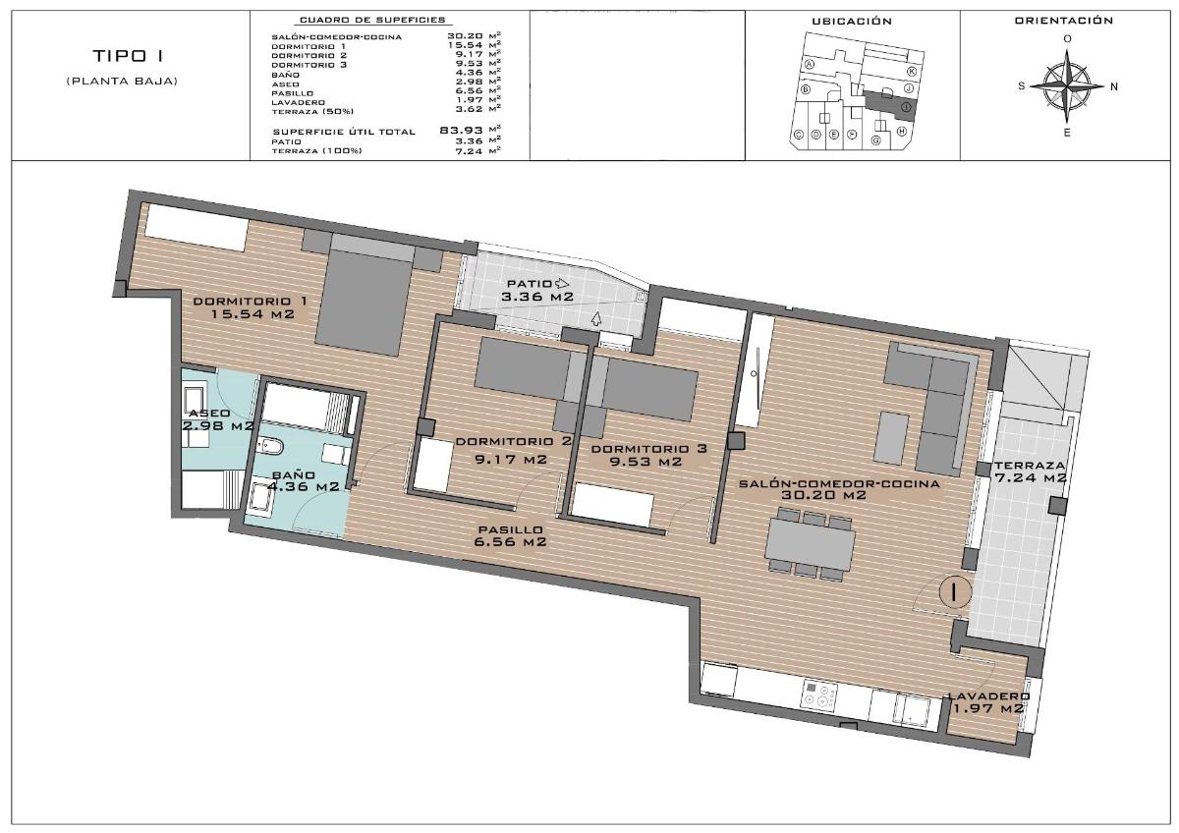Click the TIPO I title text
tap(122, 56)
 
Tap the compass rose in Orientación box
tap(1067, 85)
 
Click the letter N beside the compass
tap(1113, 86)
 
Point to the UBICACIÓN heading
tap(851, 21)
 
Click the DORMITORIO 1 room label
tap(251, 306)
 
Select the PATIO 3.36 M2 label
tap(538, 290)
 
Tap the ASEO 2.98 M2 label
tap(218, 419)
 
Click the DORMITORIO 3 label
tap(648, 455)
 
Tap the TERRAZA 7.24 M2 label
tap(1029, 472)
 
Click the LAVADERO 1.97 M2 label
tap(987, 702)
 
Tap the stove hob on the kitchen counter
tap(818, 696)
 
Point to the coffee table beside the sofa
tap(891, 439)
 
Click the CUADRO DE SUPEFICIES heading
tap(371, 20)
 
